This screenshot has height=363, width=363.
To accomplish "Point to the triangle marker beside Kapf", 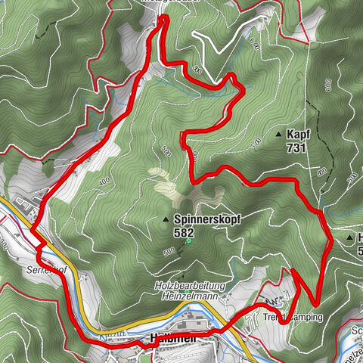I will click(278, 135).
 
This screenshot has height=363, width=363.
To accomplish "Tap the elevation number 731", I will click(296, 148).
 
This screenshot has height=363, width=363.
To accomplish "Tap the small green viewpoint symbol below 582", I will click(190, 242).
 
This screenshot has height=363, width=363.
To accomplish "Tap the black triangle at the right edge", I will click(349, 237).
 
